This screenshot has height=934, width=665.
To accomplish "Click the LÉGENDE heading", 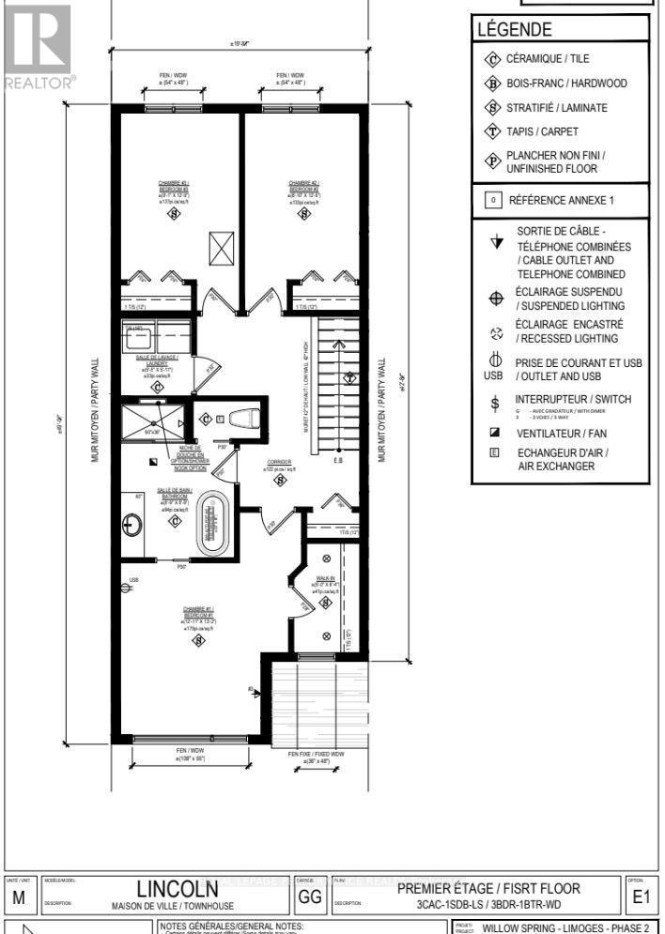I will click(x=514, y=30).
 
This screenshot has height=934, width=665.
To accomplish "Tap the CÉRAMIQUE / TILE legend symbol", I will click(x=490, y=59).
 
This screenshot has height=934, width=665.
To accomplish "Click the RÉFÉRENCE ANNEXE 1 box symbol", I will click(x=490, y=200).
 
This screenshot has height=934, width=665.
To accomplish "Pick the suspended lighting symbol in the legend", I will click(x=495, y=299).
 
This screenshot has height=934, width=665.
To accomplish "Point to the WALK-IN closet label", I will click(x=326, y=579).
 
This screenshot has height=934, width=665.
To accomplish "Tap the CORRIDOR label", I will click(x=279, y=464).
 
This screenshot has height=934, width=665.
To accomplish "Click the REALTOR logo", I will click(x=38, y=47).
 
